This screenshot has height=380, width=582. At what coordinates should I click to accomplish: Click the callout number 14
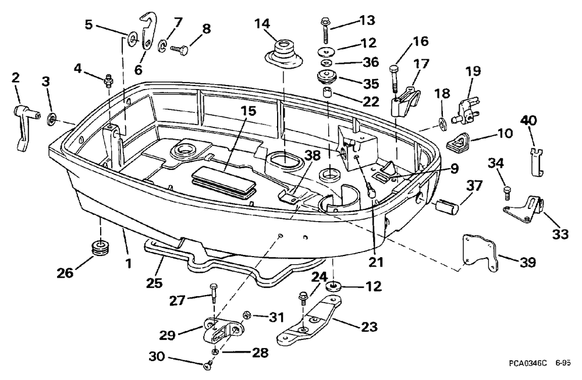tap(262, 24)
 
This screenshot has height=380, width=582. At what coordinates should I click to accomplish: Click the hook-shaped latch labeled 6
tap(150, 31)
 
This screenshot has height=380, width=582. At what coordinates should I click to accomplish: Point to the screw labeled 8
tap(180, 48)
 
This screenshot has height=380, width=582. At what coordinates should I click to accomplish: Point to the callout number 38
tap(312, 156)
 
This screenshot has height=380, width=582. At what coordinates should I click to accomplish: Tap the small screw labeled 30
tap(207, 365)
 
